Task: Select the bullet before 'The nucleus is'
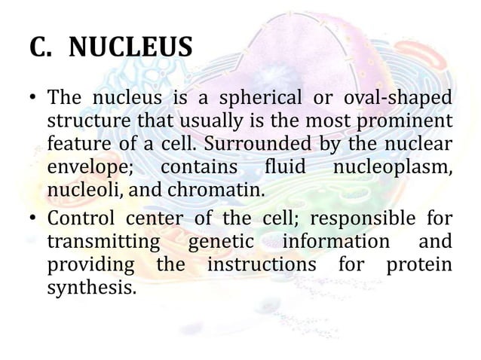pos(33,100)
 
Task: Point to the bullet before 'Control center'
pos(33,219)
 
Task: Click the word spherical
pos(253,99)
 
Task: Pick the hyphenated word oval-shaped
pos(400,99)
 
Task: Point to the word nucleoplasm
pos(391,166)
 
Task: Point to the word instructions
pos(261,264)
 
